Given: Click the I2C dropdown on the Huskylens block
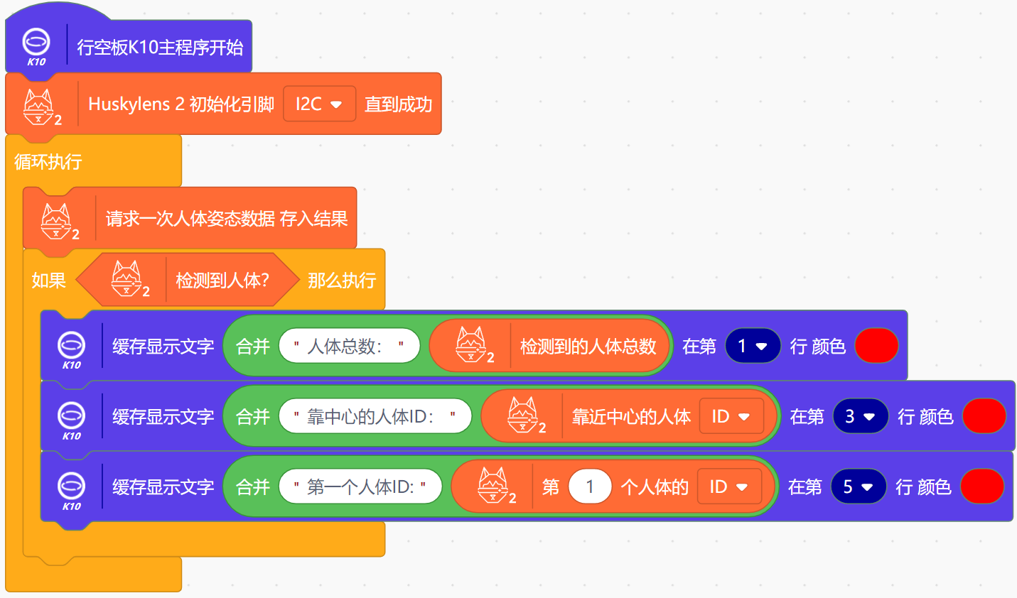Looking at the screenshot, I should click(x=318, y=104).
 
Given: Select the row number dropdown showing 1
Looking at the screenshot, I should click(x=752, y=346).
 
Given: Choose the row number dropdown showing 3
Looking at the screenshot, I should click(x=860, y=416).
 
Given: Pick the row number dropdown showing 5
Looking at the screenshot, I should click(x=858, y=486).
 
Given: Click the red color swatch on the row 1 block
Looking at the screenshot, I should click(x=876, y=346).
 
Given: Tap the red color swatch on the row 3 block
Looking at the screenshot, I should click(x=984, y=416).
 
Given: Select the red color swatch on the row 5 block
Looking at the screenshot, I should click(x=981, y=486).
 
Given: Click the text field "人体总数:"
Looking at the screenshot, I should click(x=349, y=346).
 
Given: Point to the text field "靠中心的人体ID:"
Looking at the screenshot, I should click(x=375, y=416).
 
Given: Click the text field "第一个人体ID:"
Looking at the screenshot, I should click(x=360, y=486).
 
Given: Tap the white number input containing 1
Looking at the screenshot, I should click(x=590, y=486).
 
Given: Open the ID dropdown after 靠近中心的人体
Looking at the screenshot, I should click(x=731, y=416).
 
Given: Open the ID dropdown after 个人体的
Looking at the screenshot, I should click(x=729, y=486).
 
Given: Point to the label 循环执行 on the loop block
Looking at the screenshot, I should click(x=48, y=162).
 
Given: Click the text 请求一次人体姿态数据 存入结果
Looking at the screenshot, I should click(x=227, y=219).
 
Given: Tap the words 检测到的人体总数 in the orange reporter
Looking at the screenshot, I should click(x=588, y=347).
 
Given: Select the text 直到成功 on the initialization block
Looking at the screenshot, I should click(x=398, y=104).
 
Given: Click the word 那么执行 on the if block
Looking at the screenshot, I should click(x=341, y=281).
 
